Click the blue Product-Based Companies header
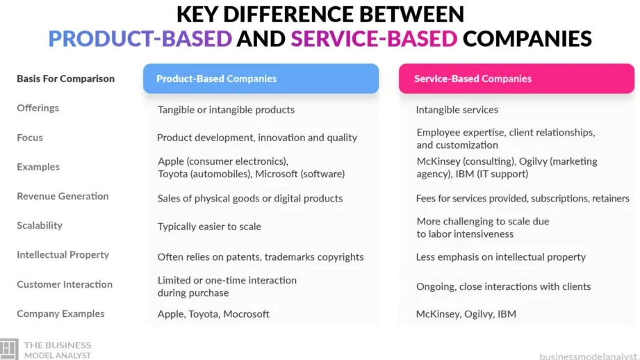pos(261,79)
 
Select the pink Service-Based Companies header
pos(516,79)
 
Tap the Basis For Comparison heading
pos(66,79)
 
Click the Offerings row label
pos(38,108)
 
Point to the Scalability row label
pos(40,225)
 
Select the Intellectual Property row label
pos(63,254)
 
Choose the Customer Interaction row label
pos(65,284)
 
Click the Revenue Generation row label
pos(63,196)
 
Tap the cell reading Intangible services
pos(457,110)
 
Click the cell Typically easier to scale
pos(209,227)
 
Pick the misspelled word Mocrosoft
pos(246,314)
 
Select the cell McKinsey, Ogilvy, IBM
pos(466,314)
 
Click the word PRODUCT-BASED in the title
pos(140,38)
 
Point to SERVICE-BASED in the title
pos(374,38)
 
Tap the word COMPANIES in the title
pos(527,38)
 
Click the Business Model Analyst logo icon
pos(9,349)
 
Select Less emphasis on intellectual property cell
pos(501,257)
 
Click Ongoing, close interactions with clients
pos(503,286)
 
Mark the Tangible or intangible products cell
pos(226,110)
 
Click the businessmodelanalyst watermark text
pos(589,357)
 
